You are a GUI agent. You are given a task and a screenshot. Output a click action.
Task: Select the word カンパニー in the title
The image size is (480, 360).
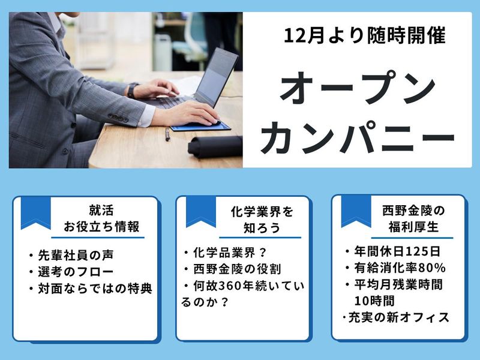(358, 136)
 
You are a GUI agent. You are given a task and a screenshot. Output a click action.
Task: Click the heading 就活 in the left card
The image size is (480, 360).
(101, 211)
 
